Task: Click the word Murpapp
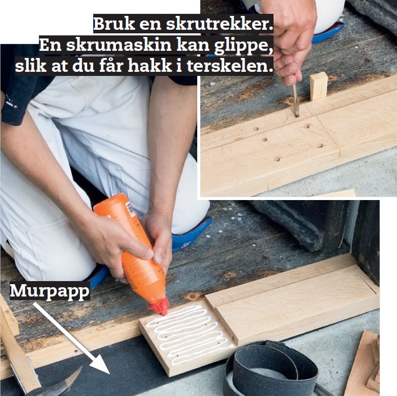[x=50, y=291]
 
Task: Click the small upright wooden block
[x=319, y=86]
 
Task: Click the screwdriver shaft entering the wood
[x=295, y=100]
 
